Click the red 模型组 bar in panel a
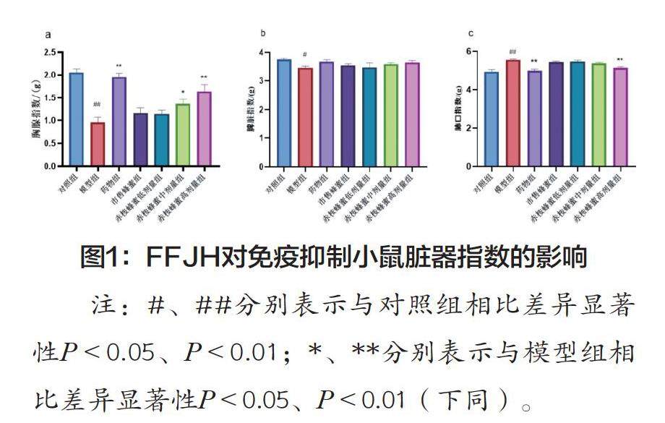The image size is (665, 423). coord(98,145)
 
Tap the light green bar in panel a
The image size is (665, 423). coord(184,135)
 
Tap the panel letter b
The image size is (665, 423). coord(262,33)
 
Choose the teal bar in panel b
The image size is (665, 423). coord(369,117)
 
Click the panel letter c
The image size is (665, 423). coord(471,33)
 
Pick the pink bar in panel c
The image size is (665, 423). coord(620,117)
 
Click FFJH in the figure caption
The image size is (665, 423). coord(181,258)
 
